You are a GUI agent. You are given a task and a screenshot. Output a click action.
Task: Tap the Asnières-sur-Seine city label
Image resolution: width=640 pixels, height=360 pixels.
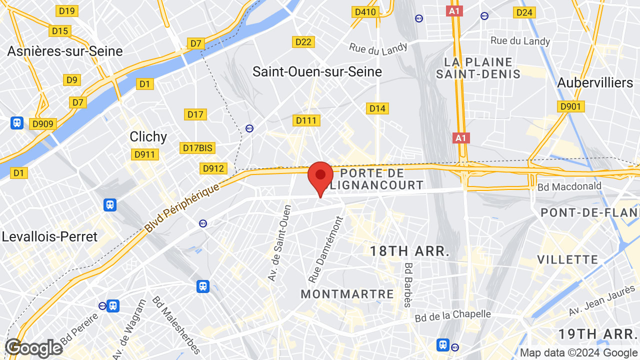click(x=65, y=51)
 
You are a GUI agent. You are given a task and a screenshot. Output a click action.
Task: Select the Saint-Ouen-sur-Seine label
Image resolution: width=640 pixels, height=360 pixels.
click(x=317, y=71)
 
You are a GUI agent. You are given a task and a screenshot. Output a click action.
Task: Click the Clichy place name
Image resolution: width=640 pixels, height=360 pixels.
click(x=148, y=136)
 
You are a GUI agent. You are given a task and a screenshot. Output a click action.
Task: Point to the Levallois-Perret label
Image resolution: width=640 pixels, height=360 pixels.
click(x=49, y=236)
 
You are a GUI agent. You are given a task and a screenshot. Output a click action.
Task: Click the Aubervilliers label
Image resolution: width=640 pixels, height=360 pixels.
click(x=595, y=82)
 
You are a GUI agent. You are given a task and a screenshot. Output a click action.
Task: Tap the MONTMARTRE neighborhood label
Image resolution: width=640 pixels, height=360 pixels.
click(x=347, y=294)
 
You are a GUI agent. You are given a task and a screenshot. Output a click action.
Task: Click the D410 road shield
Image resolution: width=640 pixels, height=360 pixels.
click(x=364, y=11)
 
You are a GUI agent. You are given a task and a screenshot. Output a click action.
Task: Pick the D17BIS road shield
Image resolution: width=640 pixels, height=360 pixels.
click(x=197, y=148)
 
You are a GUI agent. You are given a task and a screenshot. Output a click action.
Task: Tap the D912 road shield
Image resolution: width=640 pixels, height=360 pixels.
click(x=213, y=168)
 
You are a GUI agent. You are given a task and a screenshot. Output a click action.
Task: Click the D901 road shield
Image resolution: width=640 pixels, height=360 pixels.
click(x=570, y=106)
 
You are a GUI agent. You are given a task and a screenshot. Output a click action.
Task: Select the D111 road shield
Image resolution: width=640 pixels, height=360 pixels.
click(x=306, y=120)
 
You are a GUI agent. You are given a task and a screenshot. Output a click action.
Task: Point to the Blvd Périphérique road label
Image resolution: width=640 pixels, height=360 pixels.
click(x=182, y=207)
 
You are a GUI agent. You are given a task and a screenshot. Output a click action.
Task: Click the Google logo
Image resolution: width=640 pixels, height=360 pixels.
click(x=33, y=348)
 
